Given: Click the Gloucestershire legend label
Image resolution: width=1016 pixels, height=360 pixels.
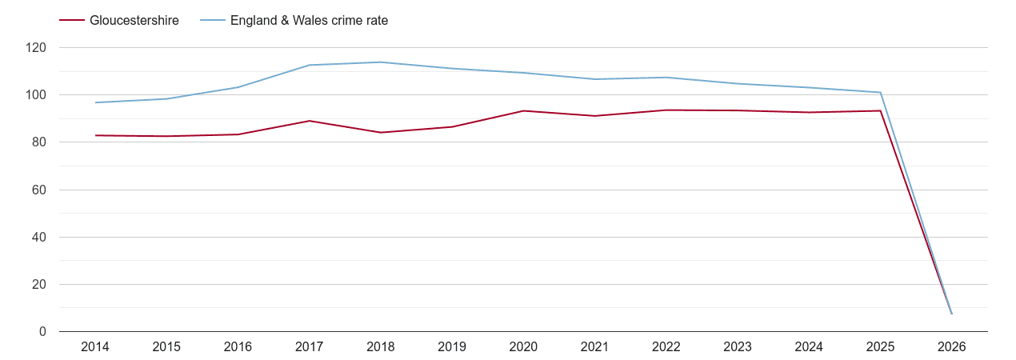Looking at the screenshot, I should point(134,21).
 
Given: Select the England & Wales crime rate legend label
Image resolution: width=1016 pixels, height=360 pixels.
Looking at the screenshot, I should point(309,21).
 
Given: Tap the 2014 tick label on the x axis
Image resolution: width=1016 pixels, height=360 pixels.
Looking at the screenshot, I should point(95,347).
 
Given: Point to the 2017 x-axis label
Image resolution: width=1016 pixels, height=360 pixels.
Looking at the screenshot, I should point(310,347).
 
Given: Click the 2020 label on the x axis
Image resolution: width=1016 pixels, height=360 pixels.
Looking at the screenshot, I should point(523,347).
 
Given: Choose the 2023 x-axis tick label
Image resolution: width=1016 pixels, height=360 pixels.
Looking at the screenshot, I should point(738,347).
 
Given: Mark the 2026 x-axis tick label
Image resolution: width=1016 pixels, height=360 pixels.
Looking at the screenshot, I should point(951,347).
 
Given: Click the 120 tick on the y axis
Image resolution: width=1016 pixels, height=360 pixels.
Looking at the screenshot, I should point(36,48).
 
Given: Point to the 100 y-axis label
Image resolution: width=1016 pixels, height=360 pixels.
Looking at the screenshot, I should point(36,95).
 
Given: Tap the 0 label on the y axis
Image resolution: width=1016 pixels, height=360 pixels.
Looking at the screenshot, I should point(42,332).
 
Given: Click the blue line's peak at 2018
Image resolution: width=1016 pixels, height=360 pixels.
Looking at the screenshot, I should point(381,62).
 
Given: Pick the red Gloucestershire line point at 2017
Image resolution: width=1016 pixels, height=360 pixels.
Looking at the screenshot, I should point(310,121).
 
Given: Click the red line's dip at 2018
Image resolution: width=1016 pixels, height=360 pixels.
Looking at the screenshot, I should point(381,133).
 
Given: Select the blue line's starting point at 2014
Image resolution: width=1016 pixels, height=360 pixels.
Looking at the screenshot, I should point(95,102).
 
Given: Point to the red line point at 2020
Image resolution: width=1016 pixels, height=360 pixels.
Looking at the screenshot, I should point(523,110).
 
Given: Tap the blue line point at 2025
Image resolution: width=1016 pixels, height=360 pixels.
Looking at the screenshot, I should point(880,93).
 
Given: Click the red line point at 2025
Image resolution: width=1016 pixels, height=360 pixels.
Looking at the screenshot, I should point(880,110).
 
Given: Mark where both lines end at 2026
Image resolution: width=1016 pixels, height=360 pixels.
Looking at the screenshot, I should point(951,314).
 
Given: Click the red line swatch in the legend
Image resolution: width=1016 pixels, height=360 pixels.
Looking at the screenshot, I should point(72,21).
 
